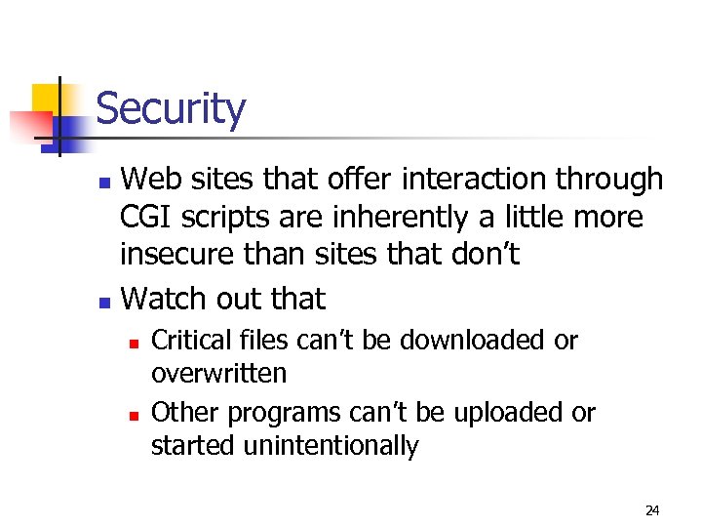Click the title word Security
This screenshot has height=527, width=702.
(x=171, y=108)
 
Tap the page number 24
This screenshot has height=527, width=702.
(x=652, y=509)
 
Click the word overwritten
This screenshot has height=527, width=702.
(x=218, y=374)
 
